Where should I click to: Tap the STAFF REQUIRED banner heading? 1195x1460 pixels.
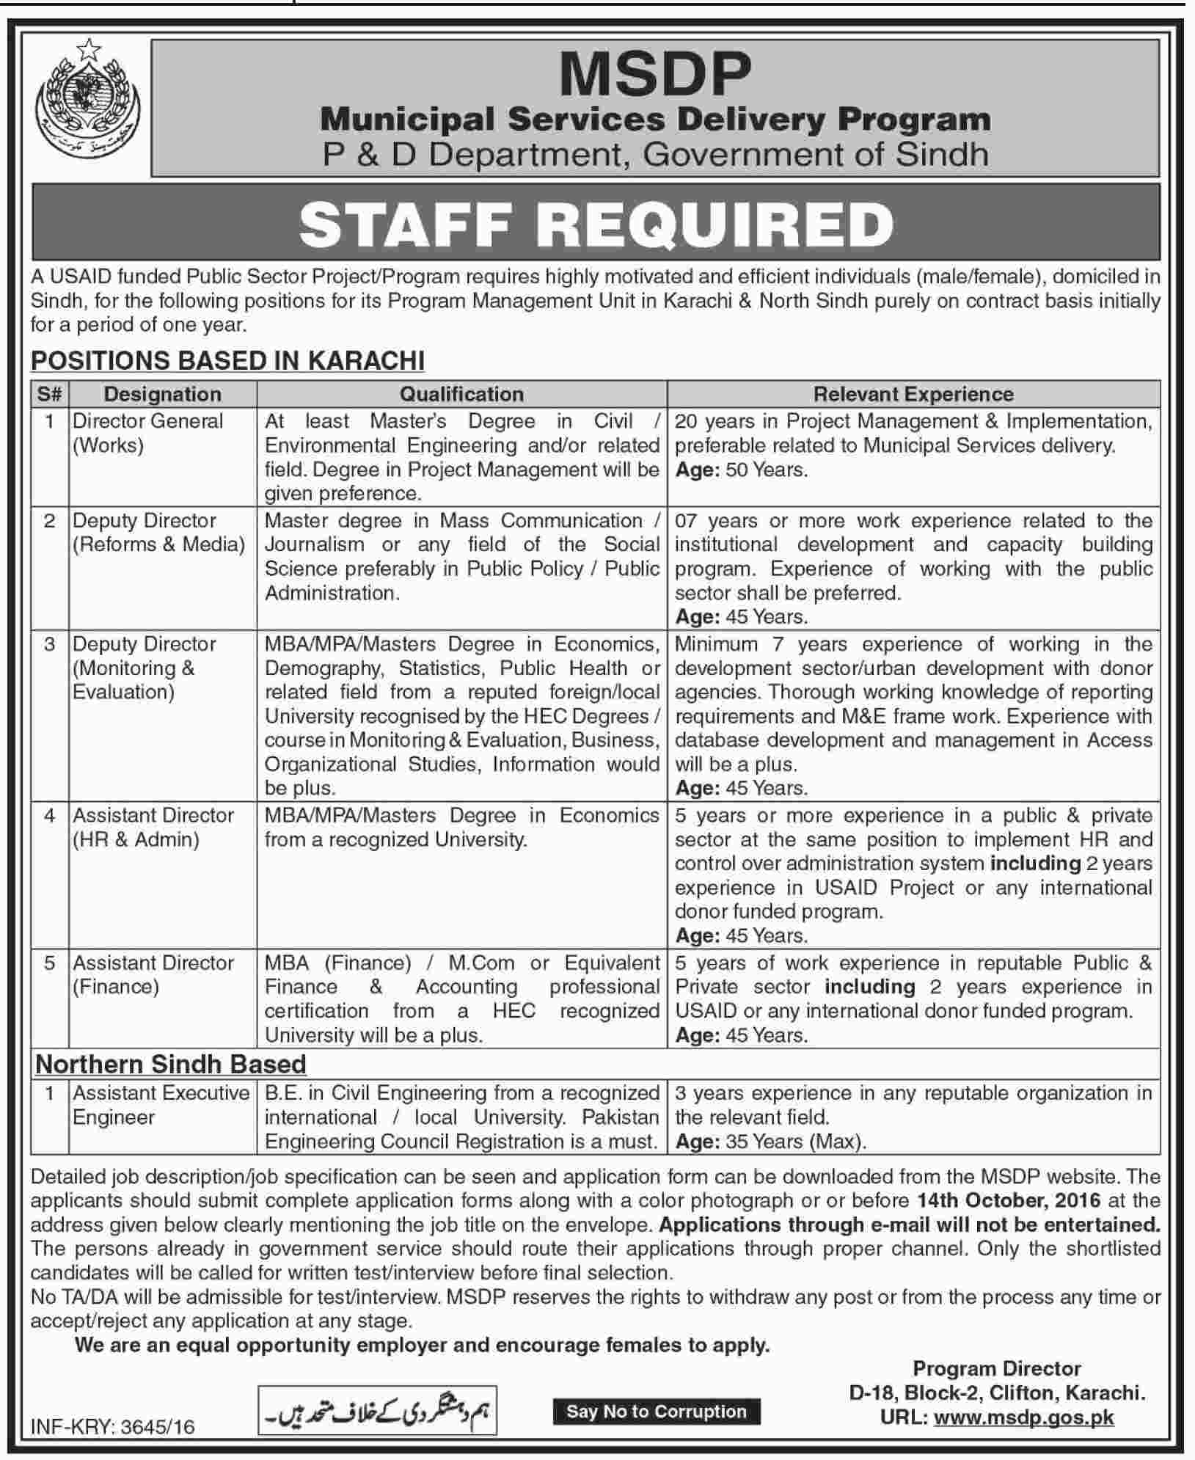pyautogui.click(x=596, y=224)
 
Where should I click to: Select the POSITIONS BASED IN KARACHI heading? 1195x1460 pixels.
pyautogui.click(x=227, y=360)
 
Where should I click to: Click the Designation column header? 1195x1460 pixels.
pyautogui.click(x=162, y=394)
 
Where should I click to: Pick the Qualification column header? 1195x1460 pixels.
pyautogui.click(x=461, y=394)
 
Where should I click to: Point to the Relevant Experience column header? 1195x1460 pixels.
pyautogui.click(x=913, y=394)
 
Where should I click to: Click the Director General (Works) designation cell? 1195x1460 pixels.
pyautogui.click(x=147, y=433)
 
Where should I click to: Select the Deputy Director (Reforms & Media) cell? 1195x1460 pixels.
pyautogui.click(x=158, y=533)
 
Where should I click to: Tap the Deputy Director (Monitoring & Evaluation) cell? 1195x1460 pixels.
pyautogui.click(x=145, y=668)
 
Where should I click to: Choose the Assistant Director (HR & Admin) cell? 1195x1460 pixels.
pyautogui.click(x=153, y=827)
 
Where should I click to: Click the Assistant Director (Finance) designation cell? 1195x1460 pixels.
pyautogui.click(x=153, y=974)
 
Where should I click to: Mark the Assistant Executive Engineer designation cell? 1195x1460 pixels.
pyautogui.click(x=161, y=1105)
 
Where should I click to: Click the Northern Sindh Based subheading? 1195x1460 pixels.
pyautogui.click(x=171, y=1064)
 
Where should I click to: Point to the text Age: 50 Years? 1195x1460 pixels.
pyautogui.click(x=741, y=470)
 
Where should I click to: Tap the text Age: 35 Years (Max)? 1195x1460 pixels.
pyautogui.click(x=771, y=1142)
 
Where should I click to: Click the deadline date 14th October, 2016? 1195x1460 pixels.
pyautogui.click(x=1009, y=1201)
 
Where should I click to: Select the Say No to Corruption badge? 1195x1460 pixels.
pyautogui.click(x=656, y=1411)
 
